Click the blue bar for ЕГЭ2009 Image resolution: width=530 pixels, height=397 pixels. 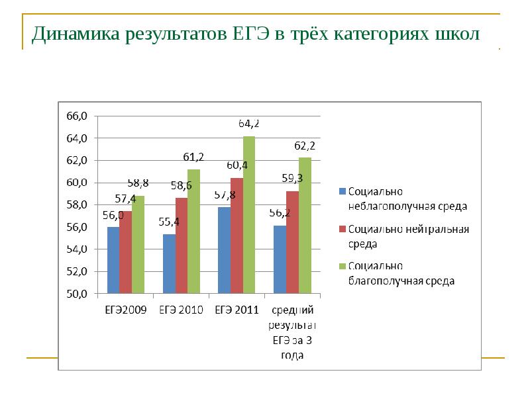(x=113, y=260)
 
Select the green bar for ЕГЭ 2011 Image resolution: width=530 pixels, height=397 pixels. (x=248, y=215)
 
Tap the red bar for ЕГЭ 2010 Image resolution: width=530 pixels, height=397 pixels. (x=181, y=245)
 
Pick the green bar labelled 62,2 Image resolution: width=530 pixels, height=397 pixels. (x=304, y=226)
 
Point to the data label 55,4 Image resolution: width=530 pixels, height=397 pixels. (x=170, y=222)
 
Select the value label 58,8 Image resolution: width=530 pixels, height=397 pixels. (x=138, y=183)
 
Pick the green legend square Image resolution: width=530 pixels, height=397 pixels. (x=343, y=266)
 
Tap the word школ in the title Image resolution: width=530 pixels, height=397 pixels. (x=457, y=34)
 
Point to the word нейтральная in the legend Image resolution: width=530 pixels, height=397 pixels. (x=438, y=230)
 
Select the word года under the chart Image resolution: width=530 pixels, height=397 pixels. (x=291, y=355)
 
